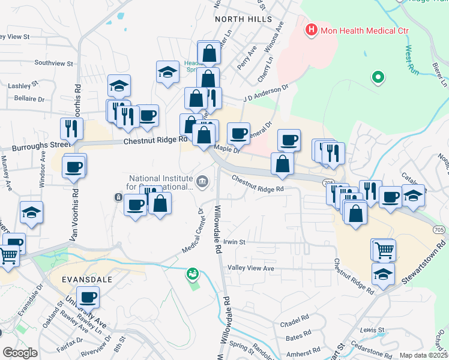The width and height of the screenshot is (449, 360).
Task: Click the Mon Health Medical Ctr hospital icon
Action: click(x=312, y=29)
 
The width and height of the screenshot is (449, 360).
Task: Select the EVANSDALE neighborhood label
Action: click(x=86, y=280)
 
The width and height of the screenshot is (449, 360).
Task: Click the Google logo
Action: click(x=20, y=353)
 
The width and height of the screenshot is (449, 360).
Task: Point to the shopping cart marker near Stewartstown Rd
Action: click(x=384, y=250)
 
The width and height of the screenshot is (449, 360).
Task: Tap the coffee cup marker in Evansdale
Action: click(x=88, y=296)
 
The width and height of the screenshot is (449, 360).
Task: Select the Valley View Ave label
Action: click(x=251, y=268)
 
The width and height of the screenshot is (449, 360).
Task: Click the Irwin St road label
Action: click(x=235, y=242)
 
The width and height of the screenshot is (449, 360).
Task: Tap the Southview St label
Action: click(x=53, y=62)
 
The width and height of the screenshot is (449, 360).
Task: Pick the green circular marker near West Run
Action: click(x=378, y=77)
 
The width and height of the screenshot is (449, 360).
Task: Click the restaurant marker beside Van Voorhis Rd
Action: click(x=71, y=128)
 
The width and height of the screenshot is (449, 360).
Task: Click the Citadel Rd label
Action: click(x=294, y=324)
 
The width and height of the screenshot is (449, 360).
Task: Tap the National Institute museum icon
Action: click(x=202, y=180)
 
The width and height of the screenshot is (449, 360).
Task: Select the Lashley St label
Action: click(x=23, y=85)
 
